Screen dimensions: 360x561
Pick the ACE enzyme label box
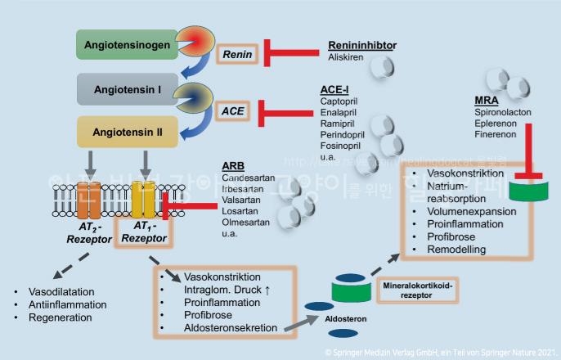click(x=236, y=109)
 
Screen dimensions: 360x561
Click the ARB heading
click(x=233, y=167)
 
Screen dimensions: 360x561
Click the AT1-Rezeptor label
click(x=145, y=232)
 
